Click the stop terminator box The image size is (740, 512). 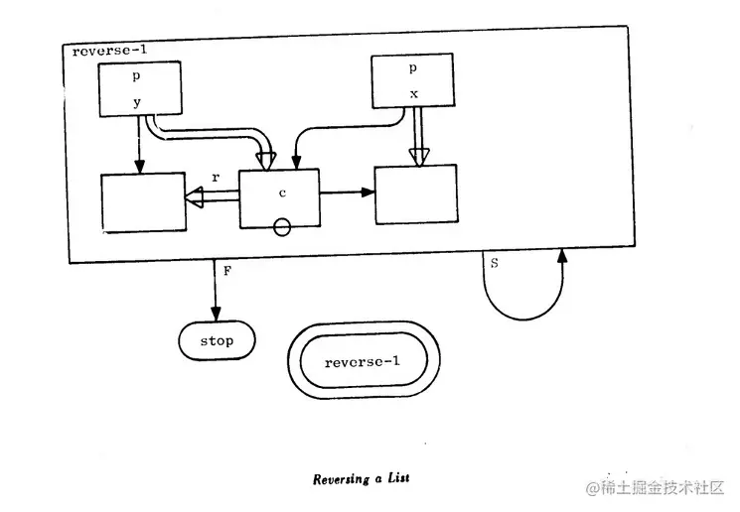click(x=217, y=340)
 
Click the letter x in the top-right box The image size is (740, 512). click(x=413, y=93)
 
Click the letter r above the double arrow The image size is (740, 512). click(x=216, y=177)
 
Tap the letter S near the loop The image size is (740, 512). click(x=494, y=263)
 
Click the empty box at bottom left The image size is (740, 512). click(x=143, y=202)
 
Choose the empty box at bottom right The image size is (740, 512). click(x=415, y=194)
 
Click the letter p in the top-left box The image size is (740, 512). click(x=138, y=74)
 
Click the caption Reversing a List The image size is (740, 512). click(x=362, y=478)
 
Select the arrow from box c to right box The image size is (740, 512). click(x=347, y=192)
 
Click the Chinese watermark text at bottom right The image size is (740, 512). click(x=656, y=487)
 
